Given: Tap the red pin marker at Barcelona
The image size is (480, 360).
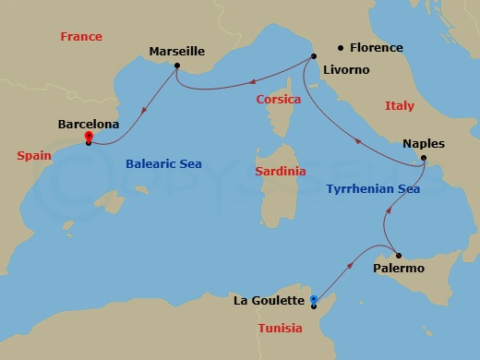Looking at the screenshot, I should pyautogui.click(x=88, y=138).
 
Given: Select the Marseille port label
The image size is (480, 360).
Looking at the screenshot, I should pyautogui.click(x=177, y=53).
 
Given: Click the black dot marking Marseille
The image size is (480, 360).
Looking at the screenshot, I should pyautogui.click(x=176, y=67).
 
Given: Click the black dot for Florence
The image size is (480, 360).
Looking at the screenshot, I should pyautogui.click(x=341, y=47).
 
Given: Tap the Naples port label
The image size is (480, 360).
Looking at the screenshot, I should pyautogui.click(x=424, y=144).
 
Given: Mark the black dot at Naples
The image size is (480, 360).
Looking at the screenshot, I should pyautogui.click(x=423, y=158).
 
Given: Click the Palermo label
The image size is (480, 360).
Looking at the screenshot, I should pyautogui.click(x=399, y=269).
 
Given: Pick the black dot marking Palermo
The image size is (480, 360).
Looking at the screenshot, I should pyautogui.click(x=398, y=255).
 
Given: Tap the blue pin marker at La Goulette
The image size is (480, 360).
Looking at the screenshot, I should pyautogui.click(x=314, y=299).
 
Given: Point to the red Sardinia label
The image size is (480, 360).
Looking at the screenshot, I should pyautogui.click(x=281, y=172).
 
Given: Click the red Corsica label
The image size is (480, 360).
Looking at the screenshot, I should pyautogui.click(x=279, y=99).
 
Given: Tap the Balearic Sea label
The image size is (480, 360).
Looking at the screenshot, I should pyautogui.click(x=163, y=164).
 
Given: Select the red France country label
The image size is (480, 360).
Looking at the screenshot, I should pyautogui.click(x=81, y=37).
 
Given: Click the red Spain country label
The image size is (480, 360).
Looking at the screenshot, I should pyautogui.click(x=33, y=156).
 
